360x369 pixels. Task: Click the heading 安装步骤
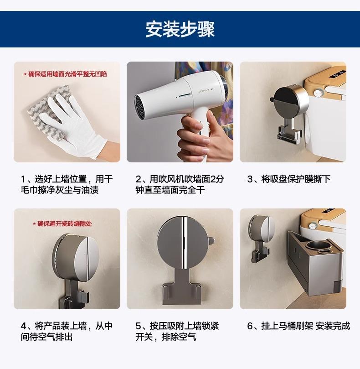point(180,29)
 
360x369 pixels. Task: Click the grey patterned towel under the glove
point(47,110)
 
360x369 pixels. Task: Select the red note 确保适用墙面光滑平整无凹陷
point(65,74)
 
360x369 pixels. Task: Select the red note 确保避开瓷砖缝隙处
point(62,223)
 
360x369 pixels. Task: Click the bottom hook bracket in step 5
point(181,294)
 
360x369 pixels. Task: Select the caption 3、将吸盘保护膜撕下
point(288,179)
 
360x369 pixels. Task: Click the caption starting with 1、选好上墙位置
point(67,184)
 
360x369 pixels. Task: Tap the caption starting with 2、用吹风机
point(180,184)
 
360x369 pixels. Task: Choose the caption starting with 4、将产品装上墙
point(67,331)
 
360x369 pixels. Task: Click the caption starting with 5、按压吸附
point(177,331)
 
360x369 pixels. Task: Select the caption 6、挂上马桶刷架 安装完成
point(298,326)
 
